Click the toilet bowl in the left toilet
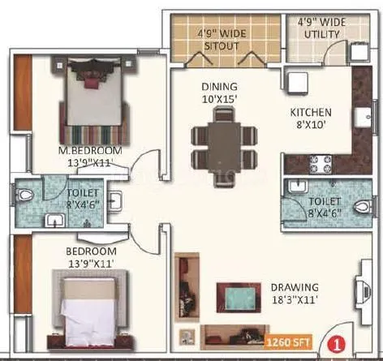29,195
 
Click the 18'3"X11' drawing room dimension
295,300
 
